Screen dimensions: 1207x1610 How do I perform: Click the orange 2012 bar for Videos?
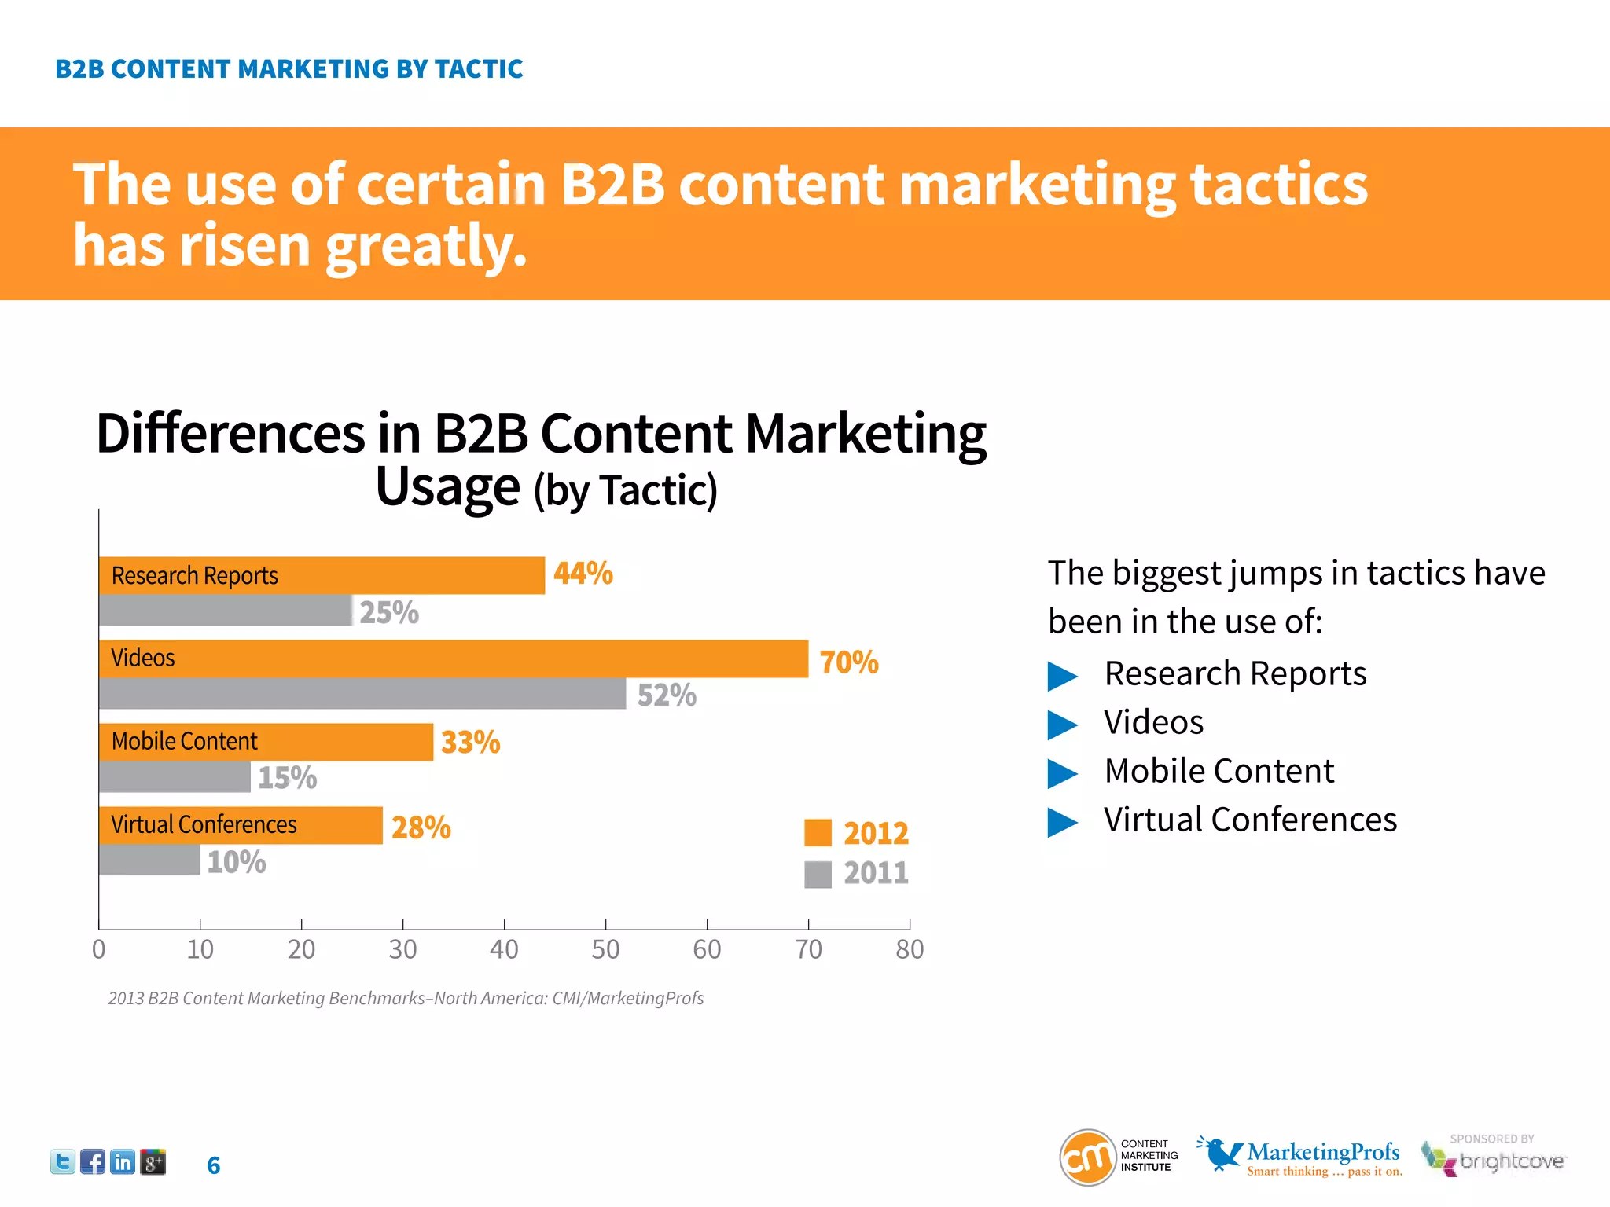(x=454, y=659)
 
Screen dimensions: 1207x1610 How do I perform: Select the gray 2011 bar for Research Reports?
(x=226, y=611)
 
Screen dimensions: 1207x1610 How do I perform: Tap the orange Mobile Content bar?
(x=266, y=741)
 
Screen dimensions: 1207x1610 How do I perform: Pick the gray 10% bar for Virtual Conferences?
(x=149, y=860)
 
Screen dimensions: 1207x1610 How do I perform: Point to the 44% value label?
(x=583, y=573)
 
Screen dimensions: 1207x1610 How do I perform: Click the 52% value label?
(x=666, y=695)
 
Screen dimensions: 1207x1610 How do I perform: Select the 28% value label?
(x=421, y=827)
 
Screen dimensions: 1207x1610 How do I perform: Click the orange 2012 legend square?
(x=818, y=833)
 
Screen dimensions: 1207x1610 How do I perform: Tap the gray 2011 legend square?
(x=818, y=874)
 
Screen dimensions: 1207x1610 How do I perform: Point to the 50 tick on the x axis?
(x=605, y=949)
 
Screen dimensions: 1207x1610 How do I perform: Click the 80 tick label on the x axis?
(x=910, y=949)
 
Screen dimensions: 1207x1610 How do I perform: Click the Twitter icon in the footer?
(x=63, y=1161)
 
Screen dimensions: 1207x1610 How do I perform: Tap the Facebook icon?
(x=93, y=1161)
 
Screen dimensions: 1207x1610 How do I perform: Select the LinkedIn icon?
(x=123, y=1161)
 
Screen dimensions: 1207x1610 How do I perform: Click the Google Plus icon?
(x=153, y=1161)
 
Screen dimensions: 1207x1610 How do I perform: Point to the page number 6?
(x=213, y=1165)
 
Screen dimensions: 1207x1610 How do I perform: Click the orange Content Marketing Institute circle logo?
(x=1088, y=1157)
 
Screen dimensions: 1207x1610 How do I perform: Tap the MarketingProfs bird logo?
(x=1219, y=1153)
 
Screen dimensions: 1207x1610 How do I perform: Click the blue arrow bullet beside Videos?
(x=1062, y=725)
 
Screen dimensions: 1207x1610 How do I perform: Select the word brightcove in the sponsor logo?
(x=1511, y=1161)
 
